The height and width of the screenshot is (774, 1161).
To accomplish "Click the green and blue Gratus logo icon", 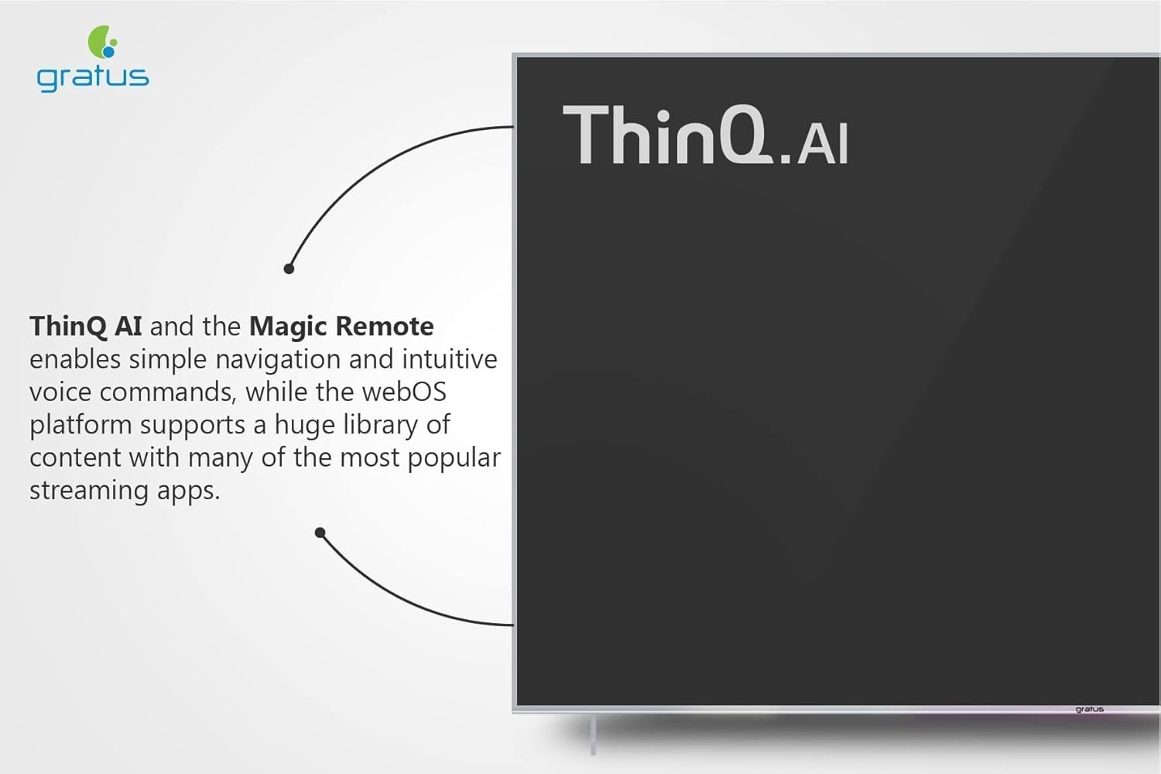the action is click(103, 42).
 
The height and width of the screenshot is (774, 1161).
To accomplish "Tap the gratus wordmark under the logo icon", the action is click(93, 79).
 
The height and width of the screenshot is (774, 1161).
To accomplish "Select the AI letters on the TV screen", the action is click(822, 144).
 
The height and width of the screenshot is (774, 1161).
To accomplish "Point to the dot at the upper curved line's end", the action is click(289, 269).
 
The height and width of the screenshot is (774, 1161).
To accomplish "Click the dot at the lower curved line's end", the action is click(320, 533).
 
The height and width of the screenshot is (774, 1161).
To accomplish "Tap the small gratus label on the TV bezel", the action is click(1090, 709).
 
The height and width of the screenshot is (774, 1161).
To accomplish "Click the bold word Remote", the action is click(385, 326).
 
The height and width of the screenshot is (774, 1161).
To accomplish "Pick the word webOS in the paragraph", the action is click(404, 392).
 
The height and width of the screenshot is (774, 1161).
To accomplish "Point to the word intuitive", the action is click(450, 358).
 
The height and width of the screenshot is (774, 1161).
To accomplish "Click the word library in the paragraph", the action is click(381, 425).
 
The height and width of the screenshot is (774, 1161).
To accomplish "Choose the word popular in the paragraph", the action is click(454, 458).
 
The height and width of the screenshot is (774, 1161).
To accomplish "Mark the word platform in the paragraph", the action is click(80, 425).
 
